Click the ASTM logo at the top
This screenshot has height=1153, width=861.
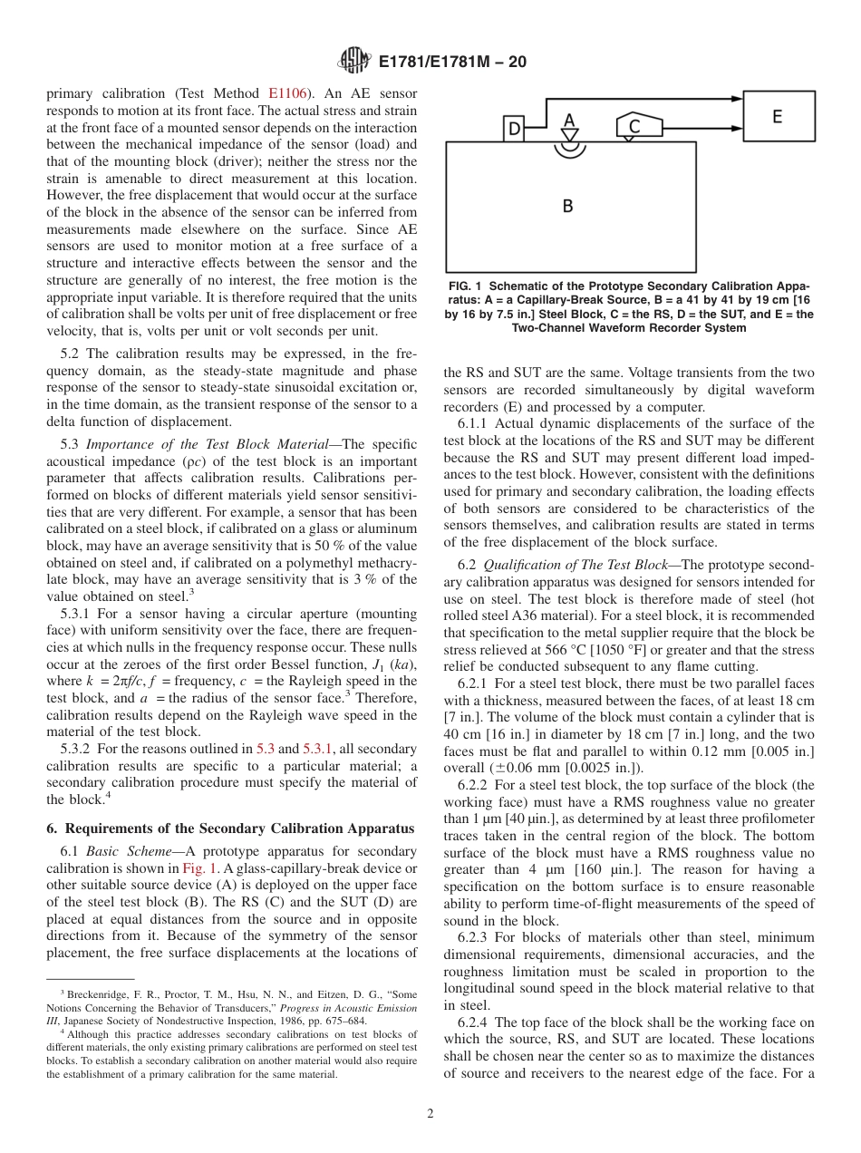(353, 61)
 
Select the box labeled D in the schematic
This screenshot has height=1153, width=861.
(514, 130)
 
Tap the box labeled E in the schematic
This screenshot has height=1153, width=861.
(778, 116)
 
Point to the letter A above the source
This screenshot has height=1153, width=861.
(569, 121)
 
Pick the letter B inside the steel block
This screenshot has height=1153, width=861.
(567, 206)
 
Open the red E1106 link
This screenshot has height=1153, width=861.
(288, 92)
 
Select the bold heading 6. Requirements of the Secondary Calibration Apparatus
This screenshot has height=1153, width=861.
(230, 828)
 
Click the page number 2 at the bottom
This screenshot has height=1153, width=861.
(430, 1113)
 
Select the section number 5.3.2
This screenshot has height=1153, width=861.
(76, 749)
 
